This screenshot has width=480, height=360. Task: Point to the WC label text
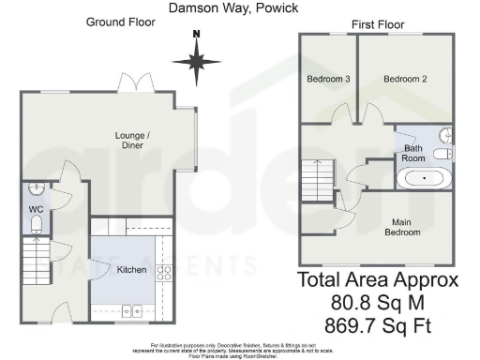tap(37, 209)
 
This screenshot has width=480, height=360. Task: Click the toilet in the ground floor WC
tap(37, 224)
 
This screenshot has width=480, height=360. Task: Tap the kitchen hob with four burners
tap(162, 274)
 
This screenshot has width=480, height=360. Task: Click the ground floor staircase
tap(35, 255)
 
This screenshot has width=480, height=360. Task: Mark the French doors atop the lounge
tap(139, 84)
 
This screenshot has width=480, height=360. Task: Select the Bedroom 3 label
tap(328, 80)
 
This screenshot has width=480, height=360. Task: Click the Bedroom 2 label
tap(405, 80)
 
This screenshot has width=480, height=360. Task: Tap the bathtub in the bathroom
tap(424, 176)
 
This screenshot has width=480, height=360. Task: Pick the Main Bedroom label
tap(404, 227)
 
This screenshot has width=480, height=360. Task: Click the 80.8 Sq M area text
tap(378, 302)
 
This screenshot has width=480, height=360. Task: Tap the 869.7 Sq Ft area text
tap(378, 325)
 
